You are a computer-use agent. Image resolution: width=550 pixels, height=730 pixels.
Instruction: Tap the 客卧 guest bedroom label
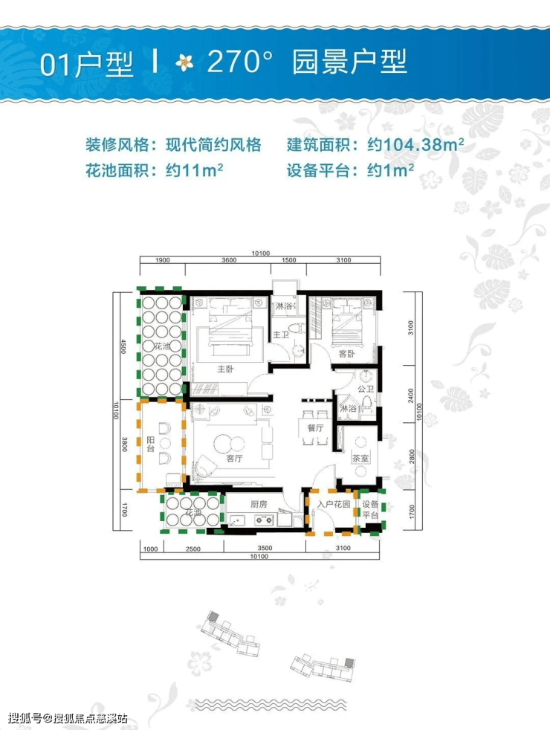(x=346, y=354)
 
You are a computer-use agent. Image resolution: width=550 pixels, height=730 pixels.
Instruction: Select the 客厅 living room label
(x=235, y=459)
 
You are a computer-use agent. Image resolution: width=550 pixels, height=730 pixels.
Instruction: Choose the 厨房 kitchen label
(x=258, y=504)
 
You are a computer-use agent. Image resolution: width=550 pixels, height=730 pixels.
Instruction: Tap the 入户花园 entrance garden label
(x=332, y=504)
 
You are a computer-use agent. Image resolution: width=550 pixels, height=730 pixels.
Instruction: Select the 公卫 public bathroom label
(x=364, y=389)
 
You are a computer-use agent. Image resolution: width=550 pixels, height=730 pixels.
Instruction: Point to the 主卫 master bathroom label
(x=281, y=335)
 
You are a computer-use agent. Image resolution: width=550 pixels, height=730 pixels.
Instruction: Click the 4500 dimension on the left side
(x=126, y=348)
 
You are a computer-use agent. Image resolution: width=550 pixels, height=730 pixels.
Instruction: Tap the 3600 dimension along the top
(x=229, y=260)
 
